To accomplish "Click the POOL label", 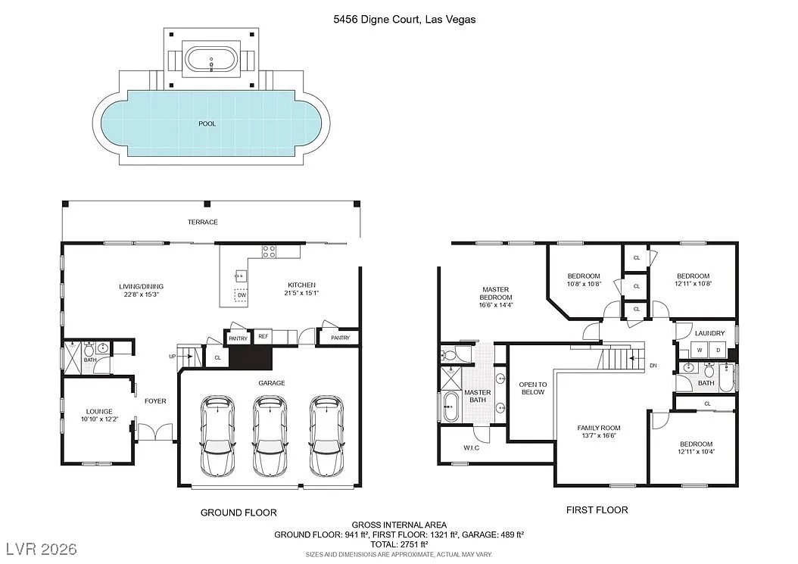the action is (207, 123).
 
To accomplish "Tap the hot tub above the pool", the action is (211, 61).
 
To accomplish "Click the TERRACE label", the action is (203, 222).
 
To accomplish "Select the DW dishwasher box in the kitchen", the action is (242, 295).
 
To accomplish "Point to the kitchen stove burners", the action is (269, 251).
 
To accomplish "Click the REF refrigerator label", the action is (263, 336).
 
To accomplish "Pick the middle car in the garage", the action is (270, 436).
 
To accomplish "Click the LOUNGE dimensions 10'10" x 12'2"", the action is (99, 419).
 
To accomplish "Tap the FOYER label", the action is (155, 401).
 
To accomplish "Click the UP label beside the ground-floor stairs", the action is (172, 357).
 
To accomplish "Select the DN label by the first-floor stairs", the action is (653, 366).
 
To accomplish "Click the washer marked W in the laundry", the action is (700, 351).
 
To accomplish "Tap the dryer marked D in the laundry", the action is (718, 351).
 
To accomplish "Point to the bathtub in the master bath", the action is (450, 407).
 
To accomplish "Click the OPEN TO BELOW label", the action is (533, 388).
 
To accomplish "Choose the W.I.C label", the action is (471, 447).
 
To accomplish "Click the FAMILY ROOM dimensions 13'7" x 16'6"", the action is (598, 436).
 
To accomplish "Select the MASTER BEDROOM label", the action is (496, 293).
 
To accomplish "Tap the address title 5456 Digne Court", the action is (377, 20).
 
